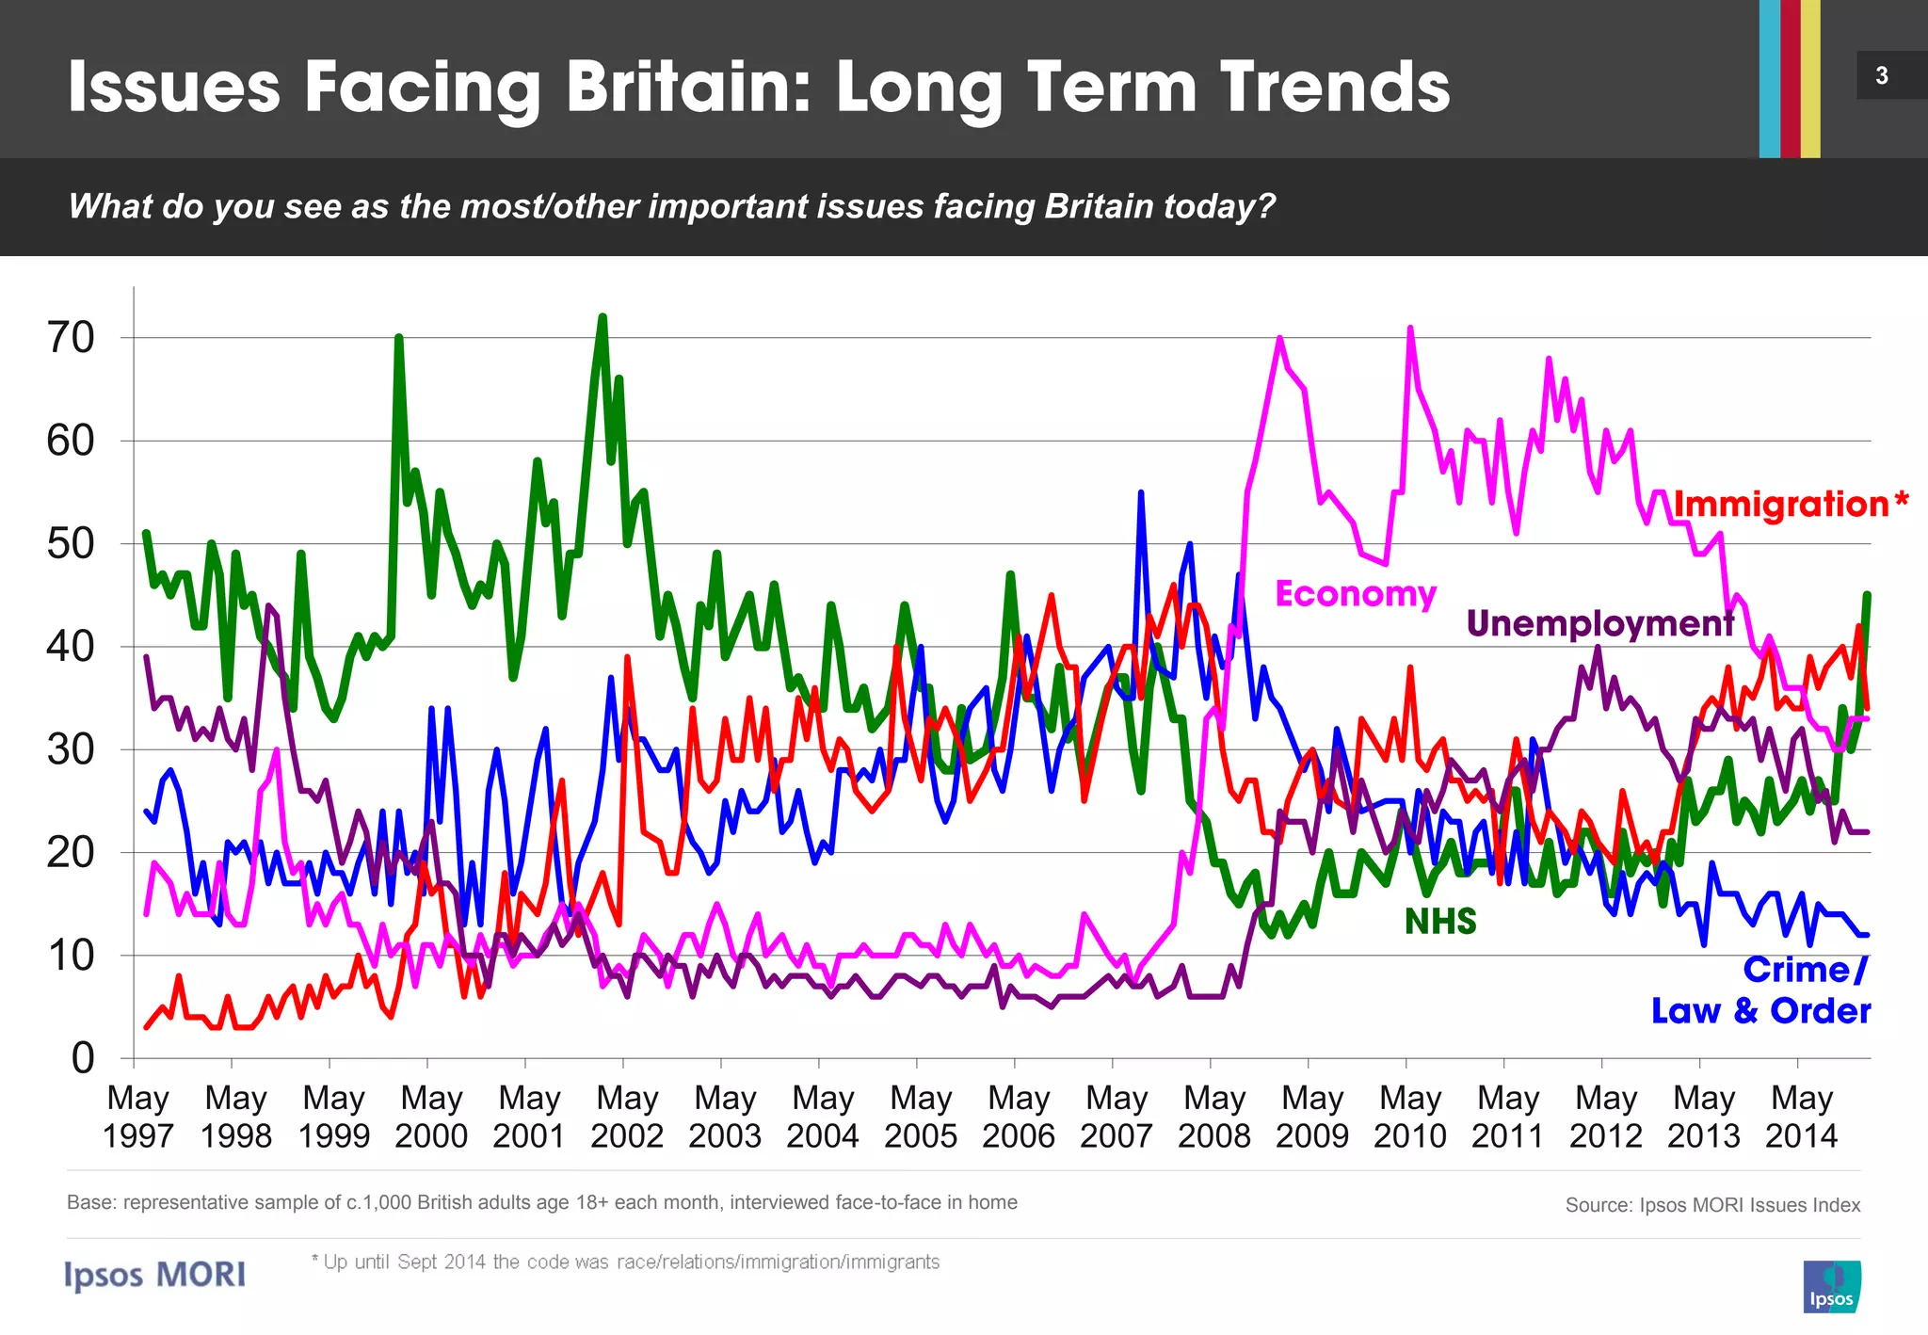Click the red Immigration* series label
point(1790,505)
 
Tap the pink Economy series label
point(1356,594)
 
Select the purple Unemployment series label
point(1599,623)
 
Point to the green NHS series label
point(1439,921)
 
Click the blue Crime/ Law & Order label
point(1761,990)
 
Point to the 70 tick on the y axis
point(72,338)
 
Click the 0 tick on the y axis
point(83,1058)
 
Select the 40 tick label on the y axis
point(72,647)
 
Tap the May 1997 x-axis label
point(138,1117)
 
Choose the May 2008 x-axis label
point(1214,1117)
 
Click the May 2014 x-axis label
point(1801,1117)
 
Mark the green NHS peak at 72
point(602,318)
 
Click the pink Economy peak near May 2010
point(1409,329)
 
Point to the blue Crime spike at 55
point(1141,492)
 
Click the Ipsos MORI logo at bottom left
point(155,1275)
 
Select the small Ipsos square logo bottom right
point(1832,1287)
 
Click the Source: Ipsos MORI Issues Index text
point(1712,1205)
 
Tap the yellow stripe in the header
point(1810,78)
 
